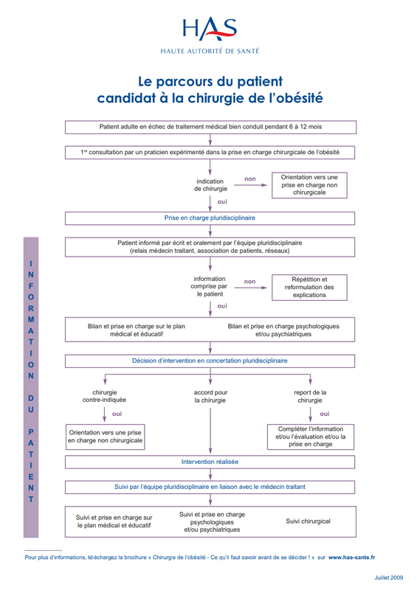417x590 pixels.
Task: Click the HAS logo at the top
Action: [x=210, y=29]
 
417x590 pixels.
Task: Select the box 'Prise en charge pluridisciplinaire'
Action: [x=210, y=218]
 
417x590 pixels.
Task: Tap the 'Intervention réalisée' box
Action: [x=210, y=462]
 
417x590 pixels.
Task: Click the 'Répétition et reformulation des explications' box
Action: [x=309, y=288]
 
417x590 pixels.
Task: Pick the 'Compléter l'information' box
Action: [x=311, y=437]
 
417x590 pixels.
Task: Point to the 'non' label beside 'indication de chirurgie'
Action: [x=250, y=179]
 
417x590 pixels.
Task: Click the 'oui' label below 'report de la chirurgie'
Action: [x=325, y=414]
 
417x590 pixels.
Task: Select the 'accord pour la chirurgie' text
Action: [x=210, y=396]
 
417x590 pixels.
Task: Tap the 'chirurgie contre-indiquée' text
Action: [x=104, y=396]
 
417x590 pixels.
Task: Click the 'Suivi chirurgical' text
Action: [x=308, y=521]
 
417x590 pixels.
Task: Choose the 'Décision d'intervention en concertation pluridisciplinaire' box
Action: [x=210, y=361]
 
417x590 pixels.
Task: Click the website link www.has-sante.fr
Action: [x=352, y=558]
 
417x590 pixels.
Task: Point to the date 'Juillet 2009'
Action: [x=389, y=577]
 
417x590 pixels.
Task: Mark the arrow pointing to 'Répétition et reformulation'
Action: [x=250, y=288]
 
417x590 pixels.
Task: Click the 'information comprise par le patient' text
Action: [x=210, y=286]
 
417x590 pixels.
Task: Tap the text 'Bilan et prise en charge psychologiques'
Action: [x=283, y=326]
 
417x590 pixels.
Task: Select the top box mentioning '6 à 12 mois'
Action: [x=210, y=127]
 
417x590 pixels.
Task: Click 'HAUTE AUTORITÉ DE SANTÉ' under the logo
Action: [x=210, y=51]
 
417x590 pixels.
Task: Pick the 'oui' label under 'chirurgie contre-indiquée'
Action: [x=117, y=414]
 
